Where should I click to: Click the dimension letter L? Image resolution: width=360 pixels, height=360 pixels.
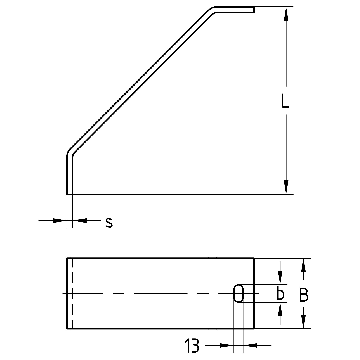285,101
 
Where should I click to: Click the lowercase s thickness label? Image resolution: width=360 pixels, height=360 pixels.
109,223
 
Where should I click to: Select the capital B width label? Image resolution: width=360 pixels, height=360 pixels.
304,295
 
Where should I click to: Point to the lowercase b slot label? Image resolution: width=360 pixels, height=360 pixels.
280,294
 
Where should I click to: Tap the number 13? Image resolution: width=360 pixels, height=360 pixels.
192,346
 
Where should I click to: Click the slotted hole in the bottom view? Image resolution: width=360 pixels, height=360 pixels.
239,294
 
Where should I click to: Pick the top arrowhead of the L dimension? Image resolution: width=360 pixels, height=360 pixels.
286,15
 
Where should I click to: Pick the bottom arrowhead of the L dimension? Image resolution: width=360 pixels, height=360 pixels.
286,186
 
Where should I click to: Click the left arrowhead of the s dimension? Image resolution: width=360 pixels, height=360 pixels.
57,220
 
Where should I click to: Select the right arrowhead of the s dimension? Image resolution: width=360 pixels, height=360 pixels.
83,220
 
